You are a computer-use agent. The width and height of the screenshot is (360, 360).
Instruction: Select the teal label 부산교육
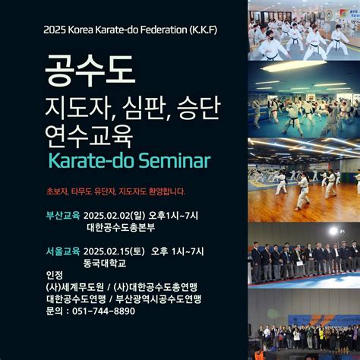[x=62, y=216]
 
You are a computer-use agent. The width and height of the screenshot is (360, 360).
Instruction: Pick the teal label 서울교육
[x=62, y=251]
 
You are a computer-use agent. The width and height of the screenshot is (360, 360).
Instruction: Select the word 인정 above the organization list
[x=55, y=275]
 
